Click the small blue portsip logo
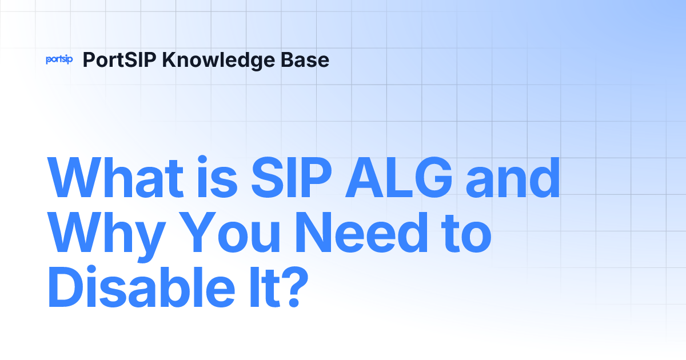coord(59,60)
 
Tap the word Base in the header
coord(311,60)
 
